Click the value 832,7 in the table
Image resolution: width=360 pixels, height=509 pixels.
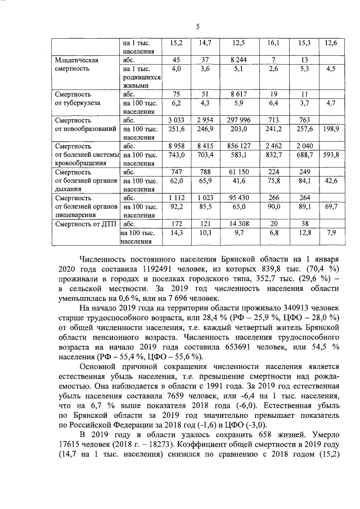(276, 154)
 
